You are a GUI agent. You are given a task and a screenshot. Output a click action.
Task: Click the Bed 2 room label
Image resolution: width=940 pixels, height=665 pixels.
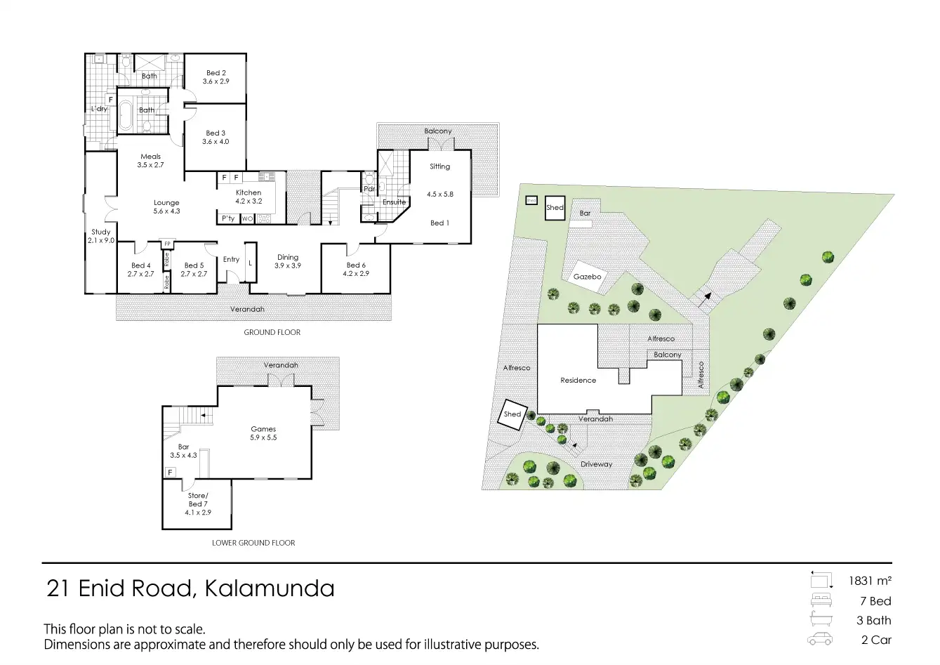point(216,73)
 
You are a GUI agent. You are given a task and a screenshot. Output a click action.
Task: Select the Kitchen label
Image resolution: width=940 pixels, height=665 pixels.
point(249,192)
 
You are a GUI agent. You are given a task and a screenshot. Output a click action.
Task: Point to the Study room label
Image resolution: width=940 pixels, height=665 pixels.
point(100,232)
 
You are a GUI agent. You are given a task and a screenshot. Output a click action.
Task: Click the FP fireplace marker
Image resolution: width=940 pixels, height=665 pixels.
point(167,244)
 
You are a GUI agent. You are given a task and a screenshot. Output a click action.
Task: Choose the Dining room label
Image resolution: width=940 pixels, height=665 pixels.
point(288,258)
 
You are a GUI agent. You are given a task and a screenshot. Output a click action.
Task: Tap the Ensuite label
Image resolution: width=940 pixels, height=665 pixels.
point(394,202)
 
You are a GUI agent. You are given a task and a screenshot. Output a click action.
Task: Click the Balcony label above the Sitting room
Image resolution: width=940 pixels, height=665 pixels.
point(438,131)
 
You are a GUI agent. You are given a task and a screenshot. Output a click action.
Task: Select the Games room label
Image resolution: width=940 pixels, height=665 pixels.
point(263,429)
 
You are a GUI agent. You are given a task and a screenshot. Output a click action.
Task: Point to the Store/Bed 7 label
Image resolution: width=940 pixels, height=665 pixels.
point(197,496)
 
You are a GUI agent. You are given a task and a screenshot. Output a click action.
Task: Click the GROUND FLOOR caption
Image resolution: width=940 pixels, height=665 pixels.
point(272,332)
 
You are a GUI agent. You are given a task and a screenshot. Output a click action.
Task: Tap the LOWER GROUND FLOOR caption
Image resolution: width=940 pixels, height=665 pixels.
point(253,543)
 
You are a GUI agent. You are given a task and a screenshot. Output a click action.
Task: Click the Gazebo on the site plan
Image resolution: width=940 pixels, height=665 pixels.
point(587,277)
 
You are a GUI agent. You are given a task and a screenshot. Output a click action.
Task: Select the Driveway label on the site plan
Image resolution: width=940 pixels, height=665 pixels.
point(596,464)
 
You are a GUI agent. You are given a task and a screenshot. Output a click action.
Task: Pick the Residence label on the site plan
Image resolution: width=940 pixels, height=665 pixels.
point(578,381)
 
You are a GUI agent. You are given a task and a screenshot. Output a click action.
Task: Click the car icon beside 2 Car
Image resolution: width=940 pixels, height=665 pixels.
point(819,640)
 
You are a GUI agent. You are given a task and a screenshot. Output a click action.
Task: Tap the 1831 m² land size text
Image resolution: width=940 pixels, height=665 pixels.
point(870,581)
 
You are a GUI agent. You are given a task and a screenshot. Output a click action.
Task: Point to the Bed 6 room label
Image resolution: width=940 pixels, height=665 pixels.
point(357,265)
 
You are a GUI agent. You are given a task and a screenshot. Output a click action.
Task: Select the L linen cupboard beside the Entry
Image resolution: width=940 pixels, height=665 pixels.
point(250,263)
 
